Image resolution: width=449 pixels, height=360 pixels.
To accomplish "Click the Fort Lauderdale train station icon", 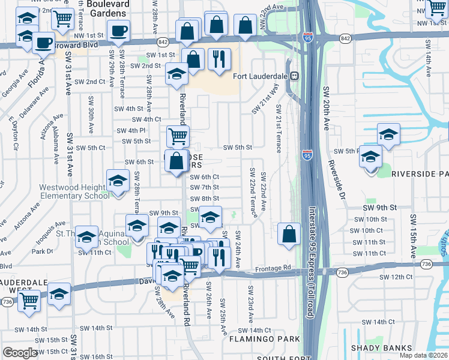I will (295, 76).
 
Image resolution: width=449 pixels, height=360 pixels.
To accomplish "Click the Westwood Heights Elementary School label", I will (74, 191).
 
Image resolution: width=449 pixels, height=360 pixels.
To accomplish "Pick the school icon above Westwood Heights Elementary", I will (118, 180).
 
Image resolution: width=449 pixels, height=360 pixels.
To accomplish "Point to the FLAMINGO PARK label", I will (265, 339).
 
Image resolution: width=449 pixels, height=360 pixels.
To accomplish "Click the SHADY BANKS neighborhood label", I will (381, 348).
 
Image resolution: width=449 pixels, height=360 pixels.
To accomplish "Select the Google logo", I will (20, 353).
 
